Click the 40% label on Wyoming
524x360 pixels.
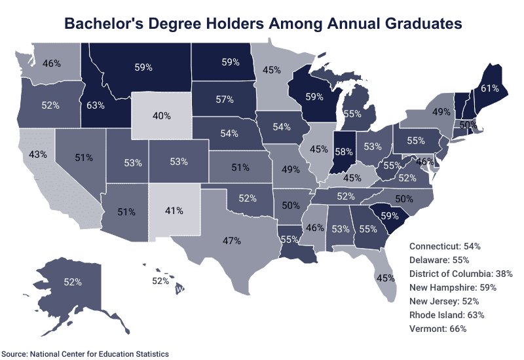[162, 116]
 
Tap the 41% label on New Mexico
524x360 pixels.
[174, 211]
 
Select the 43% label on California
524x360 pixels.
[37, 154]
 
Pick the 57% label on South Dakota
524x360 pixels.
[225, 100]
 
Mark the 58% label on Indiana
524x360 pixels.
[342, 151]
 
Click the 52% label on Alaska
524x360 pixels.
[72, 283]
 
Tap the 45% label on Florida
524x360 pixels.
[386, 278]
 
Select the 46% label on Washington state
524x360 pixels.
[52, 63]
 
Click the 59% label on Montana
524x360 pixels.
[143, 67]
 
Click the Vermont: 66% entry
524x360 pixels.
[438, 329]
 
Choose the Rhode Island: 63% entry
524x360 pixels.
[447, 315]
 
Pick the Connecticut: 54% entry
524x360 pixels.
[445, 246]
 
